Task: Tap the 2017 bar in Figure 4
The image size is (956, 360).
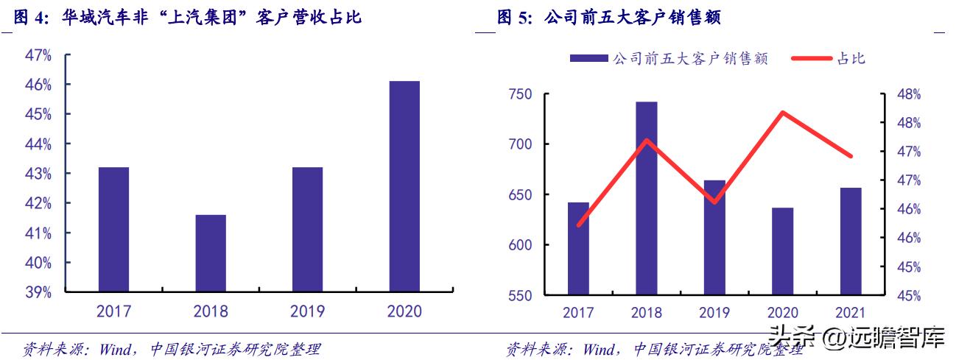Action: (114, 229)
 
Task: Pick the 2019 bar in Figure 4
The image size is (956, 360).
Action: (307, 229)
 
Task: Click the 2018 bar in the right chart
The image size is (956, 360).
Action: (647, 199)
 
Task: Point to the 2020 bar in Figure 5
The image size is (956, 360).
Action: (782, 251)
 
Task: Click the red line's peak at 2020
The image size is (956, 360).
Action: (782, 113)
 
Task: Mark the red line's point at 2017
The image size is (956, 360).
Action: (579, 225)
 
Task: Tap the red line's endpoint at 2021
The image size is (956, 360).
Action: (851, 156)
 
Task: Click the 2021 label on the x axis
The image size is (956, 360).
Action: (851, 313)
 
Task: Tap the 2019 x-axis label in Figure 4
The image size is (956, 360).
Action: (307, 311)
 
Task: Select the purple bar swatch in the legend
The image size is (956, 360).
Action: (589, 59)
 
